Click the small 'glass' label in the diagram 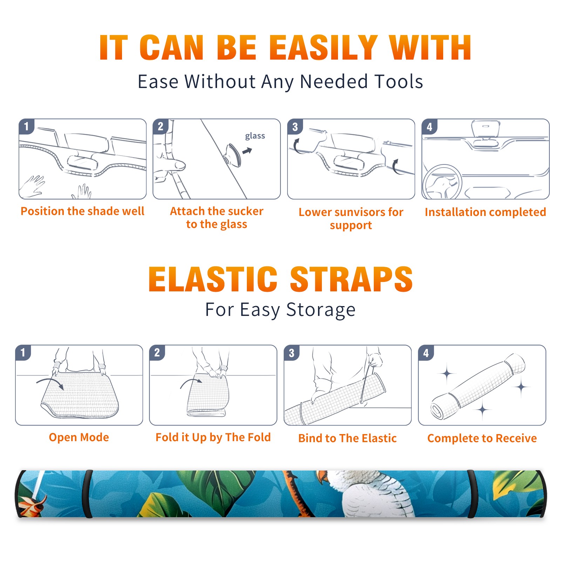[x=255, y=136]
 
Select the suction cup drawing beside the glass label [x=233, y=154]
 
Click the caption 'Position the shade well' [x=82, y=211]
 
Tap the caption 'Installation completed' [x=485, y=212]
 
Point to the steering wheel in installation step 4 [x=442, y=182]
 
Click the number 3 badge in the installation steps [x=295, y=127]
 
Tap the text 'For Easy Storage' [x=280, y=310]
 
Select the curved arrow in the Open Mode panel [x=50, y=383]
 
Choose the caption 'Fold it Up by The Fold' [x=213, y=438]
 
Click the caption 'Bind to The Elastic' [x=347, y=438]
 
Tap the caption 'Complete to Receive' [x=482, y=438]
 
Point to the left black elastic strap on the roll [x=87, y=494]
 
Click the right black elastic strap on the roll [x=472, y=494]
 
